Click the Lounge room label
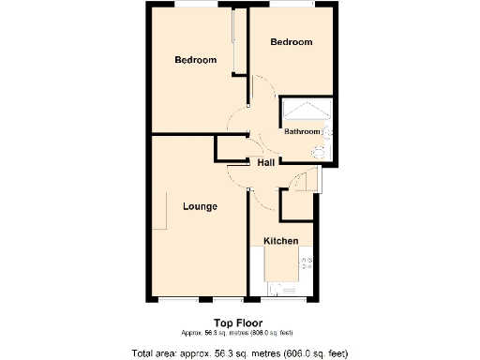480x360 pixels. click(x=200, y=206)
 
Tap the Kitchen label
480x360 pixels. click(x=280, y=241)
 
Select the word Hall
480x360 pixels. click(x=265, y=163)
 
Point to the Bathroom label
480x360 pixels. click(x=302, y=131)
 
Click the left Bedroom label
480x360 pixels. click(x=196, y=60)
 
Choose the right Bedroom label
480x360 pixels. click(x=291, y=42)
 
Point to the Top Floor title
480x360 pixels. click(x=237, y=323)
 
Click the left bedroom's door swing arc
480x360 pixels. click(x=234, y=120)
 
